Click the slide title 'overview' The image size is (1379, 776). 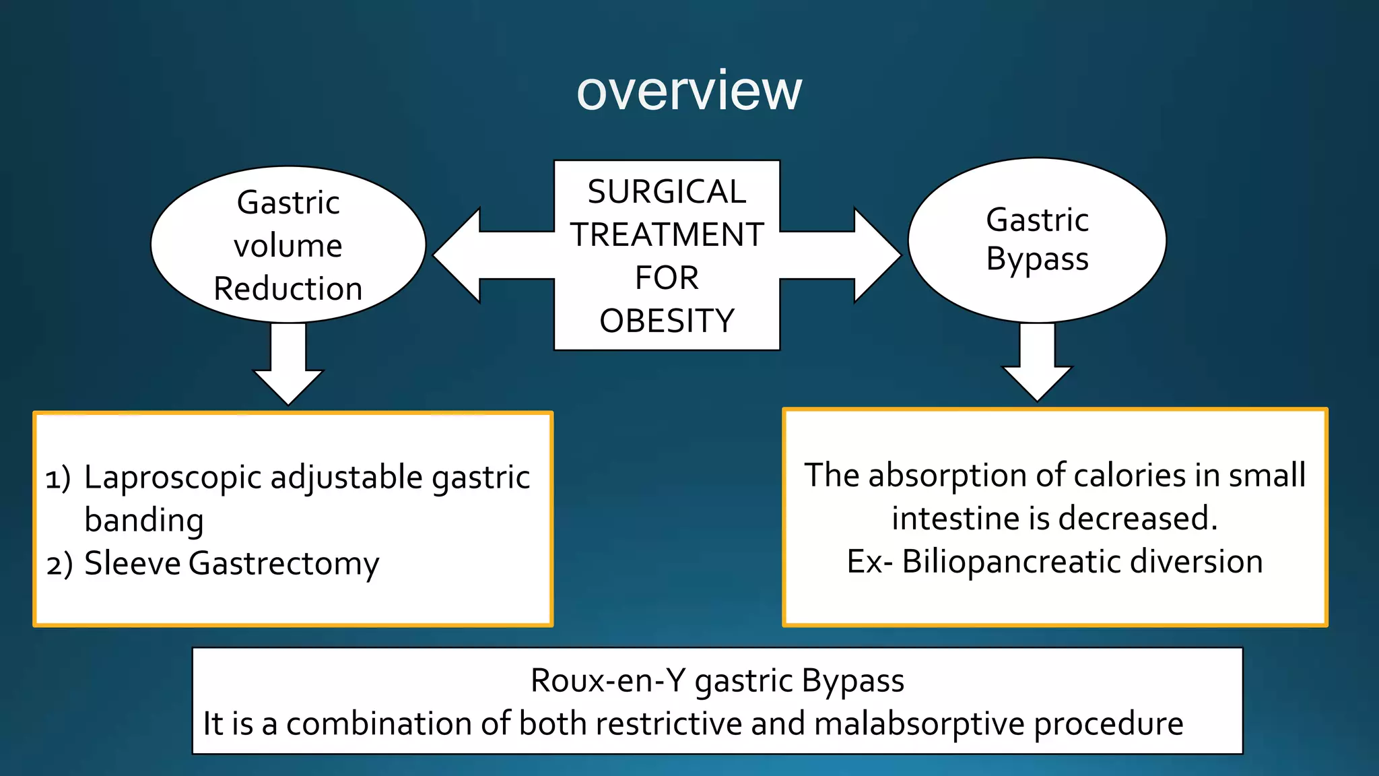tap(689, 90)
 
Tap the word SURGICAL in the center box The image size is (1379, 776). tap(667, 192)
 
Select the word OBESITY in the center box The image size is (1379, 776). tap(667, 321)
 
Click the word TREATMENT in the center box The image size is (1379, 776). tap(667, 235)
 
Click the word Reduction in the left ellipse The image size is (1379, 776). tap(288, 289)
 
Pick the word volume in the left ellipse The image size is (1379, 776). tap(288, 246)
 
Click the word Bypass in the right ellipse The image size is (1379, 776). tap(1037, 259)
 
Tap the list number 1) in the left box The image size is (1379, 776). tap(58, 478)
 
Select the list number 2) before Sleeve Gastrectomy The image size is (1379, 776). tap(59, 564)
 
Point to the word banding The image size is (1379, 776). tap(144, 521)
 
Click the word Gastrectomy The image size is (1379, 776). tap(283, 564)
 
